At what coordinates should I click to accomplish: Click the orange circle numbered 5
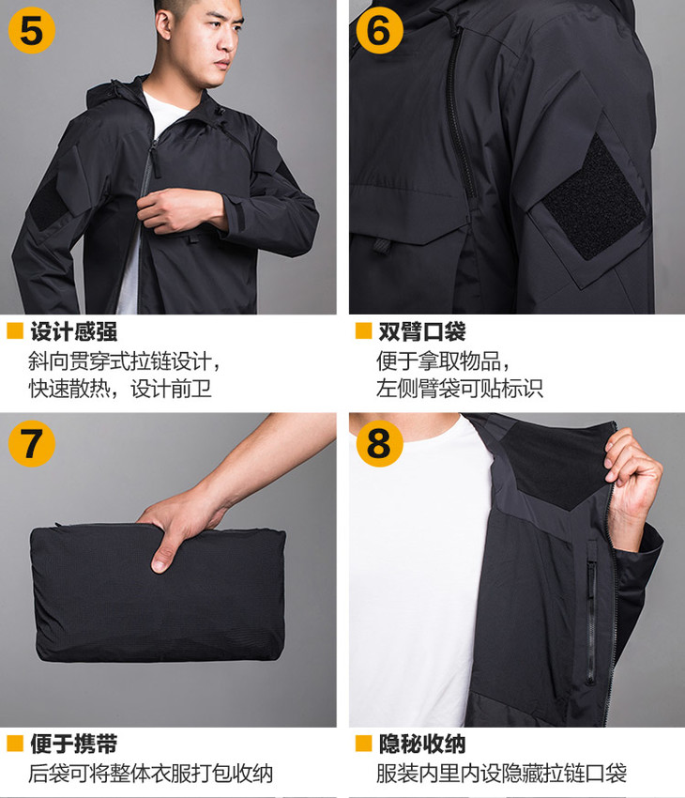(x=32, y=31)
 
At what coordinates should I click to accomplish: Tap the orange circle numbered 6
(x=379, y=31)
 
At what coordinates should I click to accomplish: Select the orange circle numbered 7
(x=32, y=443)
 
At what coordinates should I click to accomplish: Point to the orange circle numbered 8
(x=379, y=443)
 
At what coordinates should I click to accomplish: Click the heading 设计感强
(x=74, y=331)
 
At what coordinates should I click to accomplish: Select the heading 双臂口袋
(x=422, y=331)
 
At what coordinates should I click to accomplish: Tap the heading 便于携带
(x=74, y=744)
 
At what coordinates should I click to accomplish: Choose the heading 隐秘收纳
(x=422, y=744)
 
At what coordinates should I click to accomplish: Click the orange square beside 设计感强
(x=15, y=330)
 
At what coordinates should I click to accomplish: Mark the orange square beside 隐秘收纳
(x=363, y=743)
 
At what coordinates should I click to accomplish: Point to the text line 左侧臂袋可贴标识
(x=460, y=389)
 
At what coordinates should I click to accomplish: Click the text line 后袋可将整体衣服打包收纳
(x=151, y=774)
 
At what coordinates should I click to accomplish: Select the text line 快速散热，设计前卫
(x=120, y=389)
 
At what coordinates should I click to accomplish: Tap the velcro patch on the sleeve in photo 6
(x=592, y=198)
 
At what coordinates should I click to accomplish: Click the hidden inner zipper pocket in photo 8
(x=591, y=616)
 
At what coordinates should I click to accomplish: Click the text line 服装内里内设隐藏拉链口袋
(x=501, y=774)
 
